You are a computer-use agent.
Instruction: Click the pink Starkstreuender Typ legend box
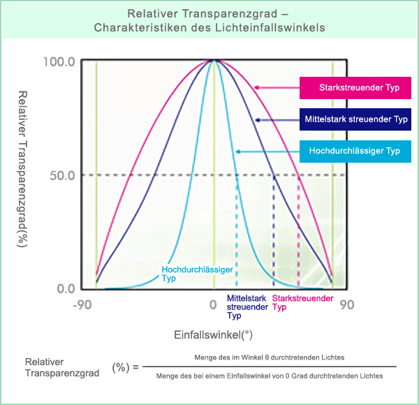(355, 88)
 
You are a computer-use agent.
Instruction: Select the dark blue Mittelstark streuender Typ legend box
(355, 119)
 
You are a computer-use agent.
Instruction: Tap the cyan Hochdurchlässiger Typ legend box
(355, 152)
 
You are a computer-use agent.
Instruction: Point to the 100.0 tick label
(59, 62)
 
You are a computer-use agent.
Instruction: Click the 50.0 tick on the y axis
(62, 175)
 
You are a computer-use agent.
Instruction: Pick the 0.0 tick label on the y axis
(66, 289)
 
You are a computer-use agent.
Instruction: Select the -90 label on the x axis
(82, 305)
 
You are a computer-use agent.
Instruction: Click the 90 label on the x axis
(347, 305)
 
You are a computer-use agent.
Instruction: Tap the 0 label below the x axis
(213, 305)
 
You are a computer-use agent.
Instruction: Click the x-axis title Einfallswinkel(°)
(213, 334)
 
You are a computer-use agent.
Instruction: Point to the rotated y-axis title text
(22, 169)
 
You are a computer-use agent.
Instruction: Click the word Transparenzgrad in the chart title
(214, 14)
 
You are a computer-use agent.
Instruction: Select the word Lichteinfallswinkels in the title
(270, 27)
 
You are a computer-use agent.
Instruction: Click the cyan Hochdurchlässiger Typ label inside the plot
(197, 274)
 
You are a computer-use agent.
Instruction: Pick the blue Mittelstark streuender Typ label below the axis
(247, 307)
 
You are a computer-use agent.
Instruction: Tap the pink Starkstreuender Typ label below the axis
(302, 302)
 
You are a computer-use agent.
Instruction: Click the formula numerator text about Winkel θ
(270, 358)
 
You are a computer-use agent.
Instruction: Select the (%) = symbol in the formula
(125, 367)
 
